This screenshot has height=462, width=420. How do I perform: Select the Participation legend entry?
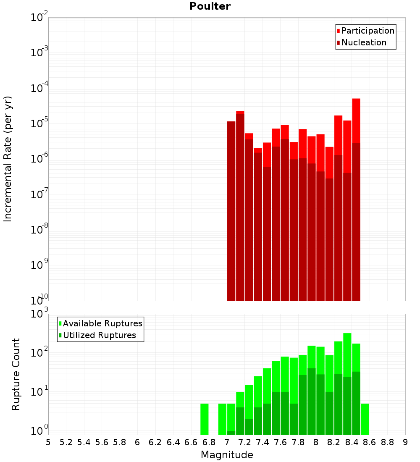point(368,31)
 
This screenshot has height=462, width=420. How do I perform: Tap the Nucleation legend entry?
point(364,42)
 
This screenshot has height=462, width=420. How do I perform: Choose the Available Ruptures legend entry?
point(102,323)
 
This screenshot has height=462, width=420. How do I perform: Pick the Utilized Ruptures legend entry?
point(99,335)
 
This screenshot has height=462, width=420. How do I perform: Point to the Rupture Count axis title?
point(16,374)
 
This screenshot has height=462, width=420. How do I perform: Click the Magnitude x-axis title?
point(227,455)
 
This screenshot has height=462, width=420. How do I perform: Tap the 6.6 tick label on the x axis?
point(191,442)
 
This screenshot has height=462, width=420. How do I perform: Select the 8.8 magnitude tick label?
point(387,442)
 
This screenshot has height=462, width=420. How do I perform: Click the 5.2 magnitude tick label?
point(66,442)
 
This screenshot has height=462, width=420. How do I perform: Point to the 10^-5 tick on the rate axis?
point(38,123)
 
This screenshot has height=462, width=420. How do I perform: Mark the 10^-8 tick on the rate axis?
point(38,230)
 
